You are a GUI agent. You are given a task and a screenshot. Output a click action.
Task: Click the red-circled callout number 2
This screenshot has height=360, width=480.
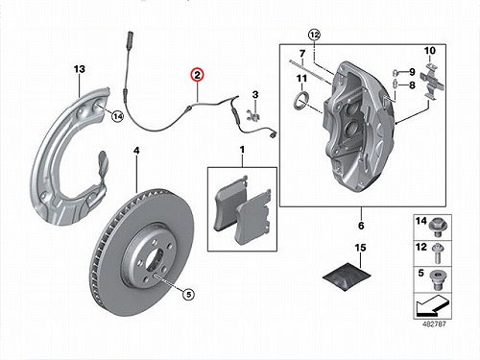point(197,75)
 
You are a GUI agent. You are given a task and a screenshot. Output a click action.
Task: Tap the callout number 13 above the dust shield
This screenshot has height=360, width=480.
point(80,69)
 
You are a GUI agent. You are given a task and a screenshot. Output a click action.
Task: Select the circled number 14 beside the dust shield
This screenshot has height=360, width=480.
point(118,116)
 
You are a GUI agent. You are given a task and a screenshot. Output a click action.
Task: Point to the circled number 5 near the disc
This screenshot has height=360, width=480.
point(188,294)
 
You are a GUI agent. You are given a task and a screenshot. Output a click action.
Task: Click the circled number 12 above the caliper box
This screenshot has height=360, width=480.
point(314,35)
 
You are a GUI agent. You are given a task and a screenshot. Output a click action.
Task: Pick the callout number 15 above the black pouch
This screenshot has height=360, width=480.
point(361,248)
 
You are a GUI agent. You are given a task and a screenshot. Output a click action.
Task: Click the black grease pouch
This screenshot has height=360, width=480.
point(347,276)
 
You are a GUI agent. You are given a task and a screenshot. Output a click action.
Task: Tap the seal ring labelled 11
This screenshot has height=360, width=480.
point(301,100)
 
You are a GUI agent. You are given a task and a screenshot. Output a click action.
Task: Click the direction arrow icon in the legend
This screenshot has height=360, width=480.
point(432,305)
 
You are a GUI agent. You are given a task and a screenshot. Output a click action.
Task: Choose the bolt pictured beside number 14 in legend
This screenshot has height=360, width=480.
point(438,227)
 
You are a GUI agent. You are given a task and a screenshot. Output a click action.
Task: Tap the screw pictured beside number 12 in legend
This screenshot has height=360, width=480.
point(437,253)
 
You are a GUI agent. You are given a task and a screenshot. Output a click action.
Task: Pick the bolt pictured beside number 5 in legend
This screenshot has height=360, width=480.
point(437,280)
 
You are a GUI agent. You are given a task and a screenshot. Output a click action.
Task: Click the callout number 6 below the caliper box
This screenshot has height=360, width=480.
point(361,226)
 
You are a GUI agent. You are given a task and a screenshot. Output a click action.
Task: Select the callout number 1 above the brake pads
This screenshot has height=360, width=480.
point(242,150)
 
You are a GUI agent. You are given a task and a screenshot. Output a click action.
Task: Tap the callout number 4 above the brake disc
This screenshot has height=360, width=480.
point(136,151)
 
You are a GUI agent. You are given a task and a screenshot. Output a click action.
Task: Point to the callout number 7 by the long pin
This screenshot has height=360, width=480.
point(302,53)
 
